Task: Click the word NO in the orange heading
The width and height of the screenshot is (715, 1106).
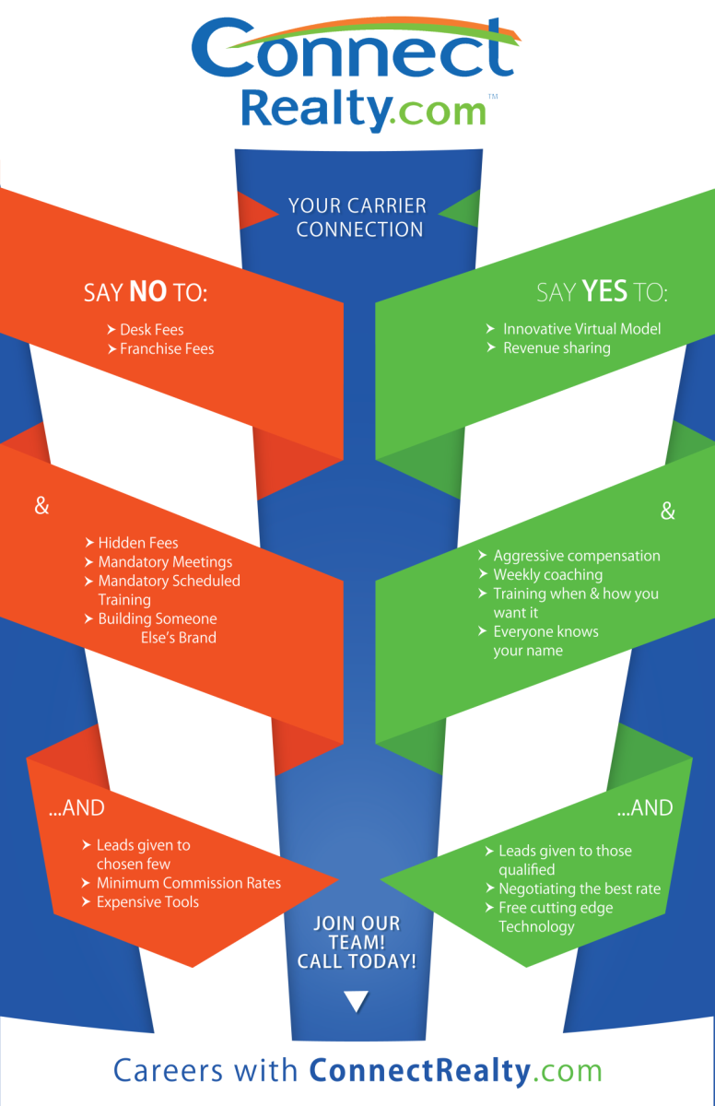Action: coord(147,291)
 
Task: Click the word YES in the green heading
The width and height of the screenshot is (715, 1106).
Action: coord(604,291)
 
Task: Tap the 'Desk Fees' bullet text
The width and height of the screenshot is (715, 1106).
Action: coord(152,329)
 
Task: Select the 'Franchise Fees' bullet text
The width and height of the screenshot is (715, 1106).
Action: coord(167,348)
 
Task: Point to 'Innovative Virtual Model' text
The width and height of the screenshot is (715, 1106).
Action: coord(581,329)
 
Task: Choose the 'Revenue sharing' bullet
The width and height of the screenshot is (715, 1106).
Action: coord(557,348)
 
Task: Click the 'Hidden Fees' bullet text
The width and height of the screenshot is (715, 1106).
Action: coord(138,543)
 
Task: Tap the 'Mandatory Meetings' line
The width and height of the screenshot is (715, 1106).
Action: coord(165,562)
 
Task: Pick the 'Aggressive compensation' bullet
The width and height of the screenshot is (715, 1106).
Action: coord(577,556)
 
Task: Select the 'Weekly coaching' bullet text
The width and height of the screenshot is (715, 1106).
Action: coord(547,575)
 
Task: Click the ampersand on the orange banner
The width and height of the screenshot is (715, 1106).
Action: coord(42,506)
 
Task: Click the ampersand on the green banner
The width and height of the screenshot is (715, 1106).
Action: coord(668,511)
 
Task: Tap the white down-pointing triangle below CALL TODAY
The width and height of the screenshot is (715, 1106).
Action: coord(356,1001)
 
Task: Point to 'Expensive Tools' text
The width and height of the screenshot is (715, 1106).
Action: coord(147,901)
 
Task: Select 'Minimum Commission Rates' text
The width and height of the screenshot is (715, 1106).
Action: coord(189,883)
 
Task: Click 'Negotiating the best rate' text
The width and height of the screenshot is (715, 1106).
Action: coord(580,888)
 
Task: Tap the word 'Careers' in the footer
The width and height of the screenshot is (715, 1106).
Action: coord(169,1070)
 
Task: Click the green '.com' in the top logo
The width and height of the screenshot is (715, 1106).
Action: coord(440,112)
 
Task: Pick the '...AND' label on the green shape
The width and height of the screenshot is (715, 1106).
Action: coord(645,808)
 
